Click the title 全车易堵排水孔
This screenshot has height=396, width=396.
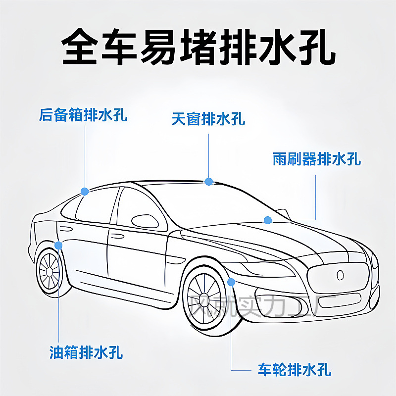pyautogui.click(x=198, y=47)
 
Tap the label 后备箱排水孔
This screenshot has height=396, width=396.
pyautogui.click(x=83, y=115)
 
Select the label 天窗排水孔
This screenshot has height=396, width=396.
pyautogui.click(x=208, y=119)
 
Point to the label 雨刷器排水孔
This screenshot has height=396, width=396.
pyautogui.click(x=317, y=159)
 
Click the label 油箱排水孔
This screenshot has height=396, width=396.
pyautogui.click(x=86, y=352)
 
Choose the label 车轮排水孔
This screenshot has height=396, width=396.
pyautogui.click(x=295, y=369)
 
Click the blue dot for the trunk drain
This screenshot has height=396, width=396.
pyautogui.click(x=85, y=191)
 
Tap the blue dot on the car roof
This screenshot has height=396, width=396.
pyautogui.click(x=209, y=182)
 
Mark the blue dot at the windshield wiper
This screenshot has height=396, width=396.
pyautogui.click(x=268, y=220)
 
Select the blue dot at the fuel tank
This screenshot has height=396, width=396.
pyautogui.click(x=59, y=245)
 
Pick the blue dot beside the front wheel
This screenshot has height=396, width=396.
pyautogui.click(x=231, y=282)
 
